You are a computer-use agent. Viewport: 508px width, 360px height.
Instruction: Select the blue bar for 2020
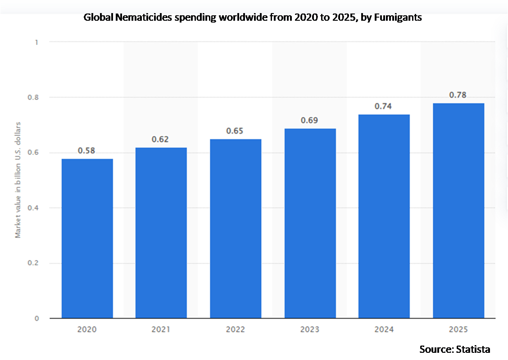[x=87, y=238]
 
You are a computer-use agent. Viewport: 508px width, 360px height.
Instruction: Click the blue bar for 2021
[x=161, y=232]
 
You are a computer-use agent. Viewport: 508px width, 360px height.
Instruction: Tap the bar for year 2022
[x=236, y=228]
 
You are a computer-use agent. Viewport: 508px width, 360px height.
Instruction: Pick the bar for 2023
[x=310, y=223]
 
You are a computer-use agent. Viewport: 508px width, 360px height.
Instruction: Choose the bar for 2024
[x=384, y=216]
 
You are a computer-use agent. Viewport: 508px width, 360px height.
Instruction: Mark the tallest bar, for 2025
[x=458, y=210]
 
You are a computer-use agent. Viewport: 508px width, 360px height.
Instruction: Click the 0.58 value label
[x=86, y=150]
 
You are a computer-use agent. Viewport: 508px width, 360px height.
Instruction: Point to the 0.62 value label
[x=160, y=139]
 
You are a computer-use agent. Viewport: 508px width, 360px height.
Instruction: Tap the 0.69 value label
[x=309, y=120]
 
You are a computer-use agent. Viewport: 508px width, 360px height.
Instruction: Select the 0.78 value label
[x=458, y=95]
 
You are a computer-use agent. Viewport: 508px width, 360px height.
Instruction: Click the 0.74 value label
[x=383, y=106]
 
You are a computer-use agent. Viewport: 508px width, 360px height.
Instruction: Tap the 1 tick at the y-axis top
[x=36, y=42]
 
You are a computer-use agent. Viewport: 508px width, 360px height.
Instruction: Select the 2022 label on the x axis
[x=236, y=330]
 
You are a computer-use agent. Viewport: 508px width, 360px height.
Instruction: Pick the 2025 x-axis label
[x=458, y=330]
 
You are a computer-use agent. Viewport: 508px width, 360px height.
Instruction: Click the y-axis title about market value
[x=18, y=180]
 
